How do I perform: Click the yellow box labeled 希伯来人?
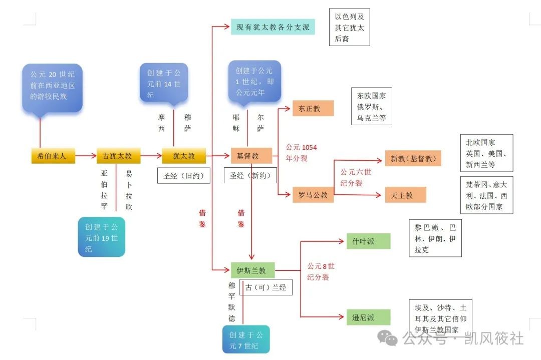tap(53, 156)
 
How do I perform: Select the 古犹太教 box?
tap(118, 156)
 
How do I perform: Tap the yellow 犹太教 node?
tap(184, 156)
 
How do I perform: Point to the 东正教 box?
tap(313, 108)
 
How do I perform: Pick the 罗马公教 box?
tap(313, 195)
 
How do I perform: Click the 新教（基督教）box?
tap(413, 159)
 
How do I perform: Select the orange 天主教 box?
tap(405, 195)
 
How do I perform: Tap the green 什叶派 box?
tap(368, 241)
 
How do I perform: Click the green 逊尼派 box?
tap(368, 317)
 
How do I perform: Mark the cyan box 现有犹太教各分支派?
tap(273, 27)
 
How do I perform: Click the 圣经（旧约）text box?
tap(184, 176)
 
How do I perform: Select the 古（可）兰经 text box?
tap(265, 288)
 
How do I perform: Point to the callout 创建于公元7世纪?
tap(246, 339)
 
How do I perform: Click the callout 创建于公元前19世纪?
tap(102, 237)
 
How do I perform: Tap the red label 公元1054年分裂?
tap(301, 152)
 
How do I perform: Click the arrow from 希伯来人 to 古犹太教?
tap(86, 156)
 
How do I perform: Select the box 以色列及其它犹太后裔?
tap(349, 27)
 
